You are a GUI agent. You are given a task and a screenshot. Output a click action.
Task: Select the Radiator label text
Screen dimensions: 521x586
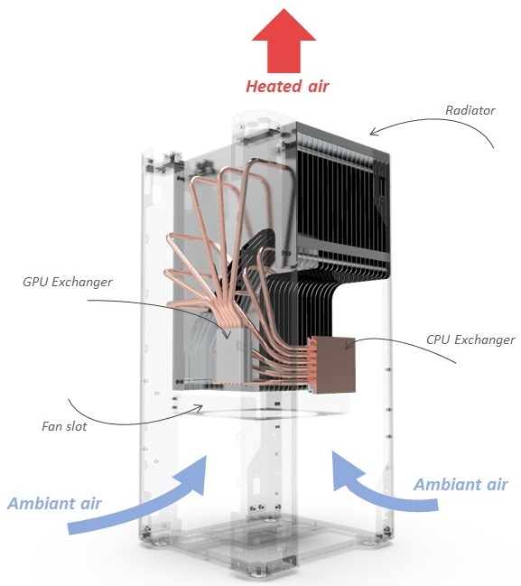coord(470,110)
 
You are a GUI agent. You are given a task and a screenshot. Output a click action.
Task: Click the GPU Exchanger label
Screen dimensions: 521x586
coord(68,282)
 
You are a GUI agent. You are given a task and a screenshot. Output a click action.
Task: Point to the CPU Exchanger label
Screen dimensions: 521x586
coord(470,340)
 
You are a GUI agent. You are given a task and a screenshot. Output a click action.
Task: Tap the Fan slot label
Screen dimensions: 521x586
coord(64,426)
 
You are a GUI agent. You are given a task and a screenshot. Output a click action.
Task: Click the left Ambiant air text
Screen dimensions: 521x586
coord(54,504)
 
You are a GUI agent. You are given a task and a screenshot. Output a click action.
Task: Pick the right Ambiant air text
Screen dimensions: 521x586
coord(461,484)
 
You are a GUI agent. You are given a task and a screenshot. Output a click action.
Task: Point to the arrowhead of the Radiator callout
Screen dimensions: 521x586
coord(371,133)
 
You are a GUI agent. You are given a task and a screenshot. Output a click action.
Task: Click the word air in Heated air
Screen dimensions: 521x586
coord(319,87)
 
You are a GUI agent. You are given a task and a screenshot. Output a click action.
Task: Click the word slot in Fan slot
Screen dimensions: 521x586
coord(76,426)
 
